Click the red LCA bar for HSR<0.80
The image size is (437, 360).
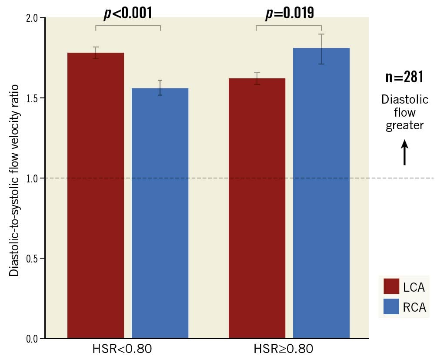point(96,196)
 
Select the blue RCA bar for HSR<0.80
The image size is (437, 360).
point(160,213)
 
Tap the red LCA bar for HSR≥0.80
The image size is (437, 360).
point(257,209)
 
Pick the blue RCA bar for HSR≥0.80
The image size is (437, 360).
point(321,194)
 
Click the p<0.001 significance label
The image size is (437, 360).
point(128,13)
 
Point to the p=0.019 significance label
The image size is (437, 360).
point(290,13)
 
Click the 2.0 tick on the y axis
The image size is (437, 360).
point(33,18)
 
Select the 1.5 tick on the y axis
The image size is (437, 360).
point(33,98)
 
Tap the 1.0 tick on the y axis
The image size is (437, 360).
point(33,178)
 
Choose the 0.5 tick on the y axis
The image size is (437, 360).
point(33,258)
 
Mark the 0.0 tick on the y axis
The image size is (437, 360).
point(33,338)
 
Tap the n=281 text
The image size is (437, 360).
point(404,77)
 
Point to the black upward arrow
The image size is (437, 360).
point(405,152)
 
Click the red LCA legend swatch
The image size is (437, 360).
point(391,287)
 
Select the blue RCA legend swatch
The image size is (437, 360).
point(391,307)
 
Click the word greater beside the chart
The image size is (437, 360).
point(405,125)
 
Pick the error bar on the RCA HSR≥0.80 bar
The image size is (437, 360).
point(321,49)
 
